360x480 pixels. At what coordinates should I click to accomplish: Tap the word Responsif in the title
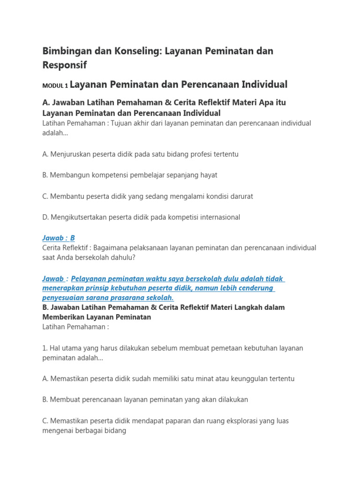tap(64, 65)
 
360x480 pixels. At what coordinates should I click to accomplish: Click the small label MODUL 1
tap(55, 85)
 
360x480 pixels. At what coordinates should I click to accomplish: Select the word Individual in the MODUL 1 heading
tap(264, 84)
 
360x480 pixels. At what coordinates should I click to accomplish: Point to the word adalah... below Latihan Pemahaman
tap(55, 133)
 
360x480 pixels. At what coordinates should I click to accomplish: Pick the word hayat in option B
tap(208, 175)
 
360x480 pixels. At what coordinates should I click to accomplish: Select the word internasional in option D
tap(216, 217)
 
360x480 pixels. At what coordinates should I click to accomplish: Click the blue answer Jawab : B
tap(59, 238)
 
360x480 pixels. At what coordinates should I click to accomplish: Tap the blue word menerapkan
tap(61, 288)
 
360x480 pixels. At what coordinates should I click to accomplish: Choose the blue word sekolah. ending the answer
tap(160, 298)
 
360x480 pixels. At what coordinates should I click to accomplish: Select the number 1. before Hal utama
tap(45, 348)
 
